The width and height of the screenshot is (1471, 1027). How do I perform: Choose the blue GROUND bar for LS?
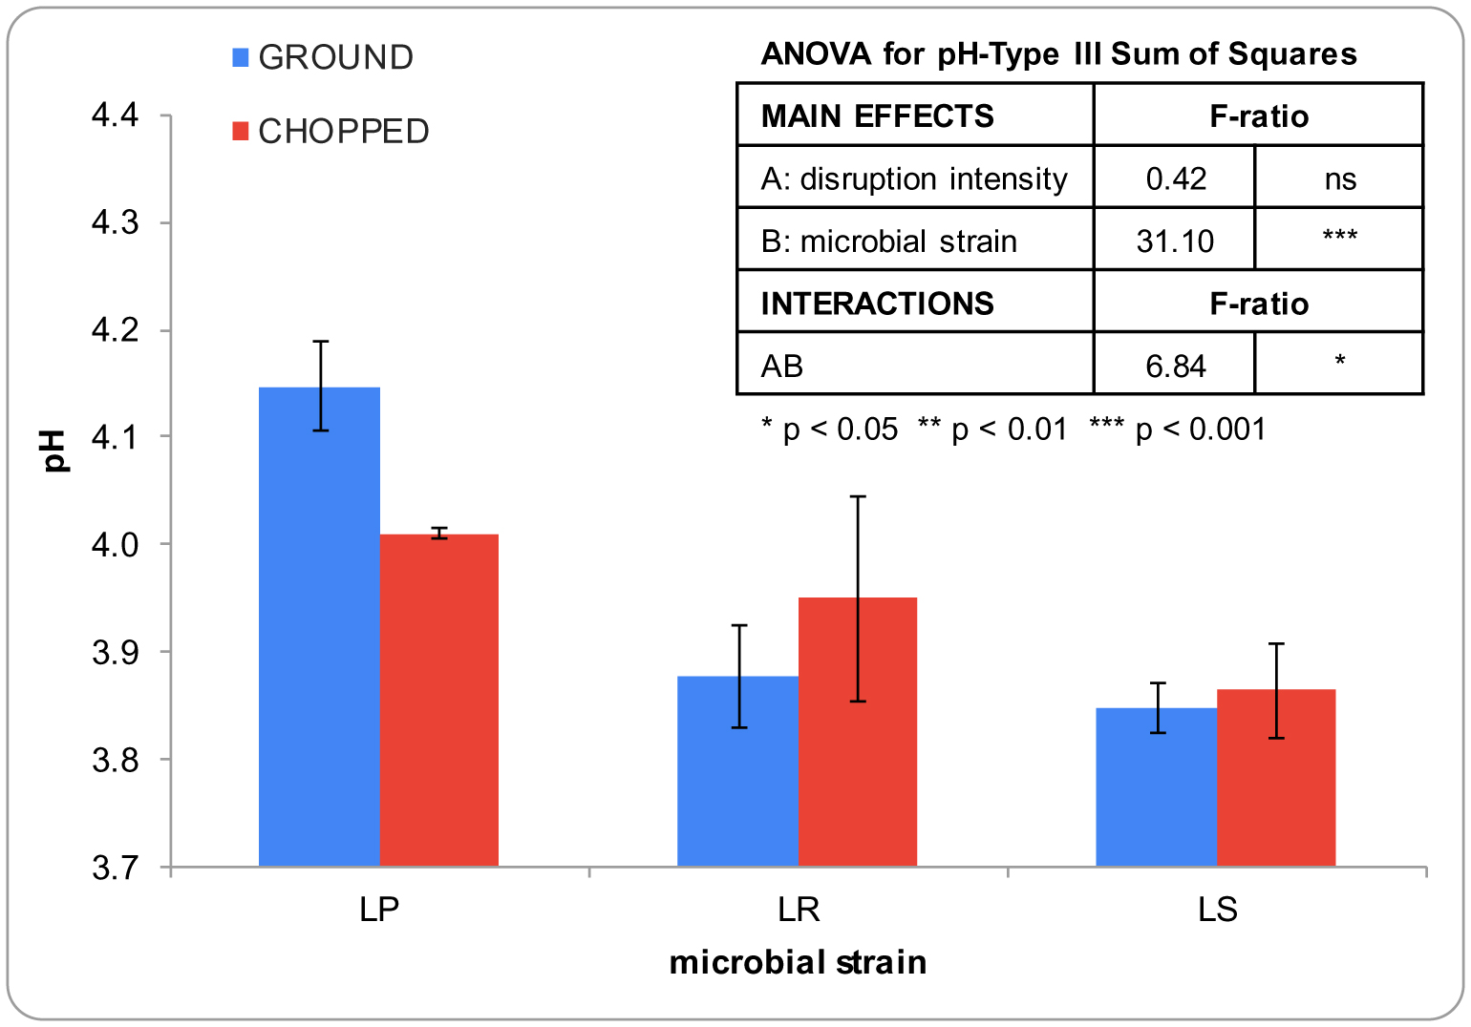pyautogui.click(x=1156, y=786)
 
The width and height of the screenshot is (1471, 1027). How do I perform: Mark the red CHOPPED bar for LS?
pyautogui.click(x=1276, y=777)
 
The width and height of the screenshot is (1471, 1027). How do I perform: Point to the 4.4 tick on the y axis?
pyautogui.click(x=115, y=116)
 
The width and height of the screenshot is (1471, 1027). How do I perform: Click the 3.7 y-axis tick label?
pyautogui.click(x=115, y=869)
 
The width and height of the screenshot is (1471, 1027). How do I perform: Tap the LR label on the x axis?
pyautogui.click(x=799, y=910)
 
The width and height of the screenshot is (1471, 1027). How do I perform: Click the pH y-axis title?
pyautogui.click(x=55, y=451)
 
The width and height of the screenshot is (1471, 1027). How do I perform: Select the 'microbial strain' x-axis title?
pyautogui.click(x=798, y=962)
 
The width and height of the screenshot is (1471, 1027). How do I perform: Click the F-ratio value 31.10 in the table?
pyautogui.click(x=1175, y=241)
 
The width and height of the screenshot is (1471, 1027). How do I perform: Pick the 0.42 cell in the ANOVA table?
pyautogui.click(x=1176, y=178)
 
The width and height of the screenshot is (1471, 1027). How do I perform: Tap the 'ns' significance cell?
pyautogui.click(x=1340, y=178)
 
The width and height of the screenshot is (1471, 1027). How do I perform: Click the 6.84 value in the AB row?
pyautogui.click(x=1176, y=366)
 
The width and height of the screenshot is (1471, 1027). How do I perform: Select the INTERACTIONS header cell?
pyautogui.click(x=877, y=304)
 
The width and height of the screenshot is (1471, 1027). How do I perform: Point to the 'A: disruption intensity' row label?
pyautogui.click(x=914, y=178)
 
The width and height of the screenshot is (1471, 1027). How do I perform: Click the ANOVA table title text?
pyautogui.click(x=1058, y=53)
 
